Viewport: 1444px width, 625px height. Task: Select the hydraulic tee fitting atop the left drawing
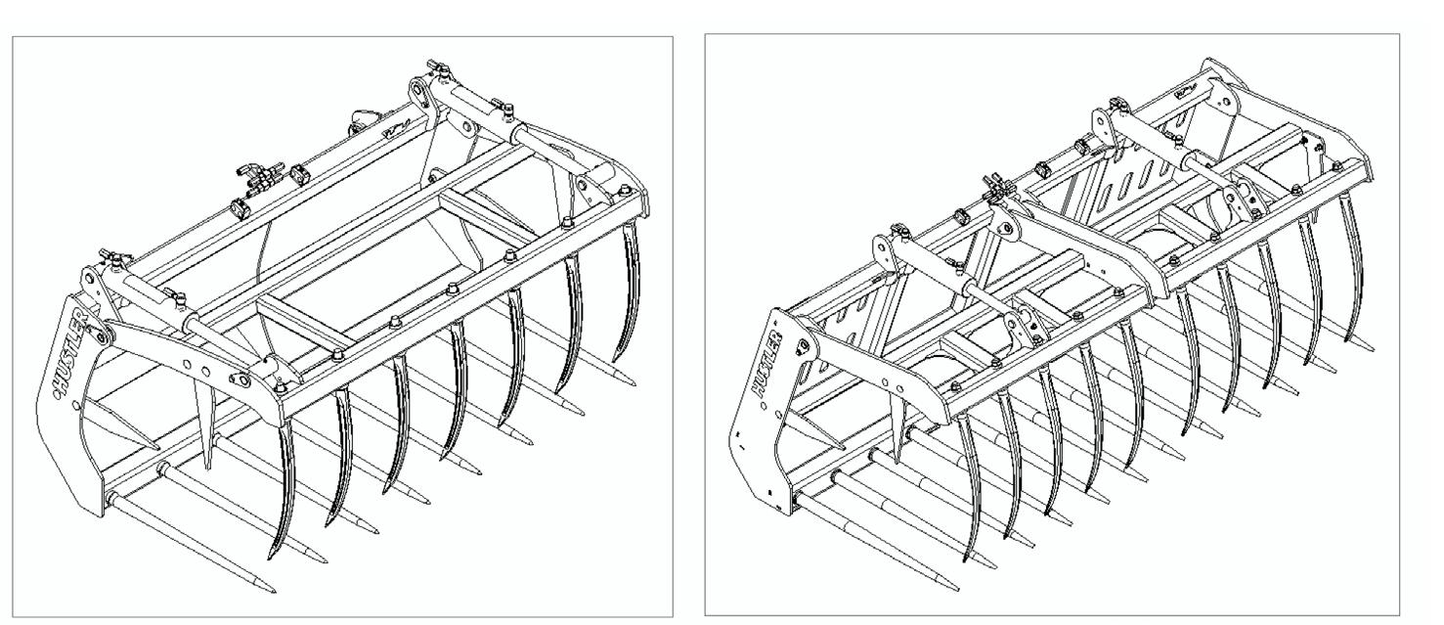(x=259, y=175)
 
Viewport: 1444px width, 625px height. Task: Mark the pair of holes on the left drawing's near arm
(x=196, y=369)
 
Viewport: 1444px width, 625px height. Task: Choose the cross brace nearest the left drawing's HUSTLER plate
(x=304, y=320)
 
